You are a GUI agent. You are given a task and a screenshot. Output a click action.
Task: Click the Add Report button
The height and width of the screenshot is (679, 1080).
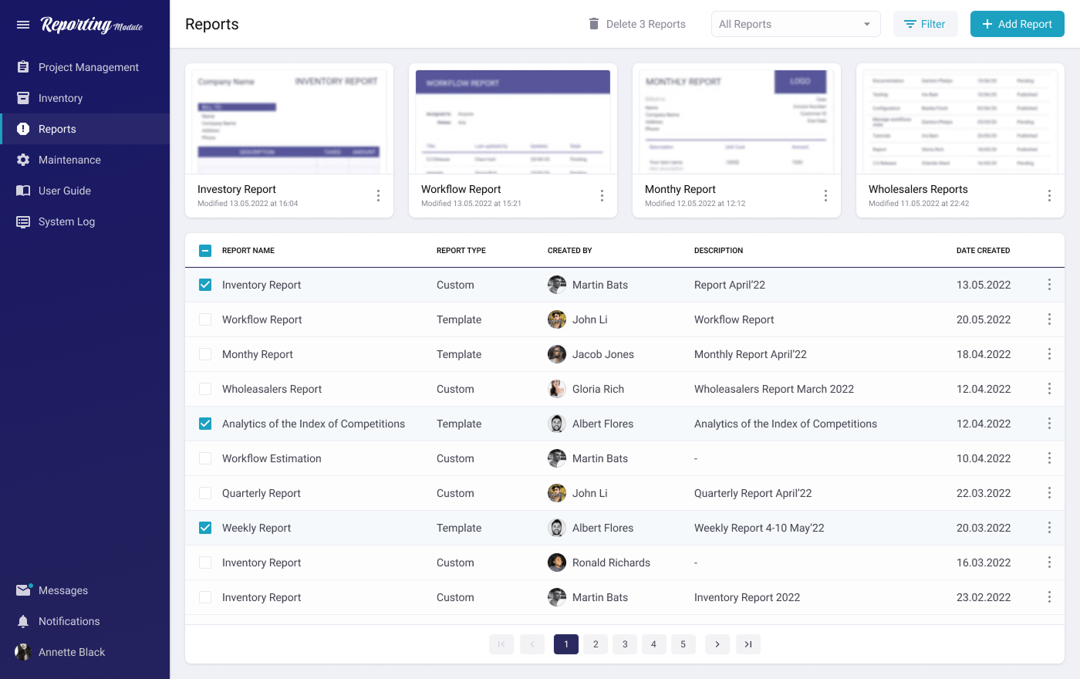point(1017,24)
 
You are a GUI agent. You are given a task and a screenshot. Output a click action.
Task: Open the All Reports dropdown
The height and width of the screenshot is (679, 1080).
point(795,24)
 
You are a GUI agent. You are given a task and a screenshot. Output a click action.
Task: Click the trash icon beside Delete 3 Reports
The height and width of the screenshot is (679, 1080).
point(594,24)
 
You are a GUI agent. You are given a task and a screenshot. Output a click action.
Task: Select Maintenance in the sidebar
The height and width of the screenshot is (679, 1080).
point(69,160)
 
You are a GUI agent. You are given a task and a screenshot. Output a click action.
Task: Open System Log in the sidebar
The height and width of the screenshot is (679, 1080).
point(66,221)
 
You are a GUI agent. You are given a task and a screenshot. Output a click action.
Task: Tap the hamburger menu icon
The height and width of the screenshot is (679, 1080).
point(23,25)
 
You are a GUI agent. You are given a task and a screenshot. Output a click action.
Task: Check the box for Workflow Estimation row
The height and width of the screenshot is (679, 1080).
point(205,458)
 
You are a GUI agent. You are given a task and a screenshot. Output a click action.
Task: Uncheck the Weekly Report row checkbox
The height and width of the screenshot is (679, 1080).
point(205,528)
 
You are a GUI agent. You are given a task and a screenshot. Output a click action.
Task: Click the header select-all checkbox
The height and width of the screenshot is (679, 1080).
point(205,250)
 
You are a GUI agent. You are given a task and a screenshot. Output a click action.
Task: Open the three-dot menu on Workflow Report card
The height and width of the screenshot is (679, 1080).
point(602,196)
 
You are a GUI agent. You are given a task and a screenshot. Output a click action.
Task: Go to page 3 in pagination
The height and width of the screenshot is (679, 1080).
point(625,644)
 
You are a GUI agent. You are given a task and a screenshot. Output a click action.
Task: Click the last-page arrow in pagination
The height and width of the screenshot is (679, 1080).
point(748,644)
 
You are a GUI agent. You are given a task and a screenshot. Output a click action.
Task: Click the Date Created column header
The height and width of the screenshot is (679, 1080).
point(983,250)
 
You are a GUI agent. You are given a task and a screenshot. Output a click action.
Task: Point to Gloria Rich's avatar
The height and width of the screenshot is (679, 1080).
point(557,389)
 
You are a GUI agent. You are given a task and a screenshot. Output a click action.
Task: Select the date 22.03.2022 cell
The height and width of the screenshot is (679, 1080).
point(984,493)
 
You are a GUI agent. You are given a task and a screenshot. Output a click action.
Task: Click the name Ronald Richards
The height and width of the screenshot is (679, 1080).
point(611,562)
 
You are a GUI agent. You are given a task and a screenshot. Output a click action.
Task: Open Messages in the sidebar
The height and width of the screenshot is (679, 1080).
point(63,590)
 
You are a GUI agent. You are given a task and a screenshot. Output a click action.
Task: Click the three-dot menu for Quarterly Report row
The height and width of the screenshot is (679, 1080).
point(1049,493)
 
